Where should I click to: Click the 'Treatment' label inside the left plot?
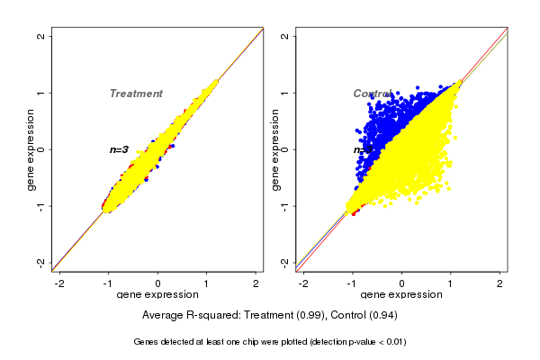pyautogui.click(x=136, y=94)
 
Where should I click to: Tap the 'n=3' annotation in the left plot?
pyautogui.click(x=120, y=149)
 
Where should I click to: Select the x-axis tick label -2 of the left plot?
pyautogui.click(x=59, y=283)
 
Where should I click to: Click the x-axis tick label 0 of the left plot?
pyautogui.click(x=158, y=283)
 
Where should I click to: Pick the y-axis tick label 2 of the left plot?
pyautogui.click(x=41, y=36)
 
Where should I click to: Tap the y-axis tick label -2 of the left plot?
pyautogui.click(x=41, y=262)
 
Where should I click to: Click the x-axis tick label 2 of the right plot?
pyautogui.click(x=501, y=283)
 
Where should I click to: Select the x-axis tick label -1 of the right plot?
pyautogui.click(x=352, y=283)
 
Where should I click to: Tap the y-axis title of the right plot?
pyautogui.click(x=275, y=149)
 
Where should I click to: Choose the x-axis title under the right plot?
pyautogui.click(x=401, y=295)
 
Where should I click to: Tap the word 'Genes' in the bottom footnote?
pyautogui.click(x=147, y=342)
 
